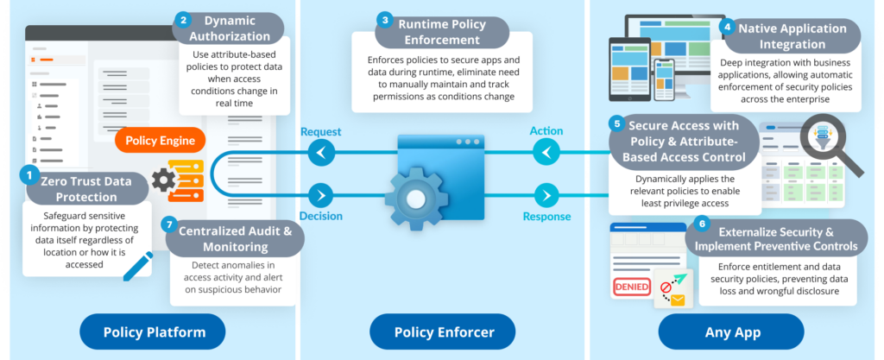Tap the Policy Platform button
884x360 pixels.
coord(154,332)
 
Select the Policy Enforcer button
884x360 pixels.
coord(443,332)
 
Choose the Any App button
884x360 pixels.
coord(732,332)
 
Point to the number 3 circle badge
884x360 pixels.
coord(386,20)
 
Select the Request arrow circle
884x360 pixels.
coord(321,154)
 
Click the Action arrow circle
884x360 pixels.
coord(546,154)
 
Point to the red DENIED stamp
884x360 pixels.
coord(631,287)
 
